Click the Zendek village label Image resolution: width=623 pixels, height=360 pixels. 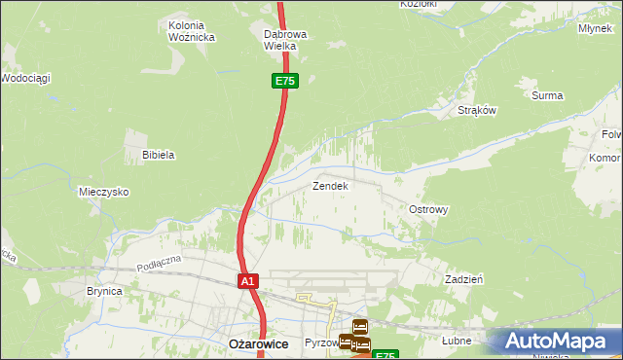(329, 185)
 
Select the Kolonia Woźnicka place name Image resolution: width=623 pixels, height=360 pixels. (191, 31)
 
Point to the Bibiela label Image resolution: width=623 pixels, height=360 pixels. (158, 155)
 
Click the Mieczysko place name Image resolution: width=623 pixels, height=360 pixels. (104, 193)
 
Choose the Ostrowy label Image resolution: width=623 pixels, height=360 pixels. (427, 210)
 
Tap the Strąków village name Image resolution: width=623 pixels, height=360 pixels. (477, 111)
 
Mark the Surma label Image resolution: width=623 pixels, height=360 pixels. (547, 95)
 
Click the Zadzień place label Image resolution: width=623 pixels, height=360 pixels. (464, 278)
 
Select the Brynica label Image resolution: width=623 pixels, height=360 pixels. (104, 291)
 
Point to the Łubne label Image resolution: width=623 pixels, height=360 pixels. (456, 342)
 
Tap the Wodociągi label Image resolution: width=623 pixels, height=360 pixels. (26, 77)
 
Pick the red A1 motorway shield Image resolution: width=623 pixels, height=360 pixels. (248, 281)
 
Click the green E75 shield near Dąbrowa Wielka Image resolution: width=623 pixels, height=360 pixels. (284, 82)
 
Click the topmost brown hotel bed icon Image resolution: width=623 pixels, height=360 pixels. (359, 327)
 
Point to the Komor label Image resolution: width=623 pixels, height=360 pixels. (605, 158)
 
